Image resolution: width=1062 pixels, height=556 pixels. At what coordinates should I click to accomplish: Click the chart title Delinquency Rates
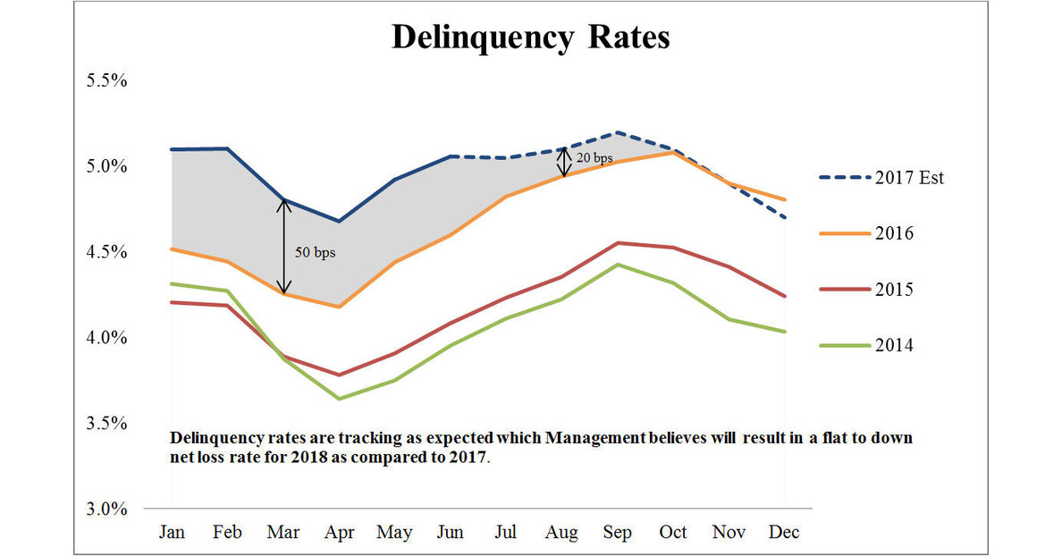tap(531, 38)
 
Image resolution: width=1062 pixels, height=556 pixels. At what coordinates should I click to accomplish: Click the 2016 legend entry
tap(895, 233)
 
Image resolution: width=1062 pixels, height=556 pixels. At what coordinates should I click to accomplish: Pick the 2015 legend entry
tap(895, 290)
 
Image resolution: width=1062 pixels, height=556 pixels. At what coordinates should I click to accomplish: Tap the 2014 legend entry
tap(895, 345)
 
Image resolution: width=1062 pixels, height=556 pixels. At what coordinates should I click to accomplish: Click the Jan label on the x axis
tap(172, 532)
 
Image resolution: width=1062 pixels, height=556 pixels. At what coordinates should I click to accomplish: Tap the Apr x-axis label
tap(339, 532)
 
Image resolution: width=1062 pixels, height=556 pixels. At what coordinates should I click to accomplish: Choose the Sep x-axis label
tap(617, 532)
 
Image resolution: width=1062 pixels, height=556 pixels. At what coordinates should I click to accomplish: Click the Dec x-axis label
tap(784, 532)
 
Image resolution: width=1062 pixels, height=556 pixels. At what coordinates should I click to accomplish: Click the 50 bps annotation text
tap(315, 252)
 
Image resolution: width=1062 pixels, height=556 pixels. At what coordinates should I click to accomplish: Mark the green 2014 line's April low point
tap(339, 399)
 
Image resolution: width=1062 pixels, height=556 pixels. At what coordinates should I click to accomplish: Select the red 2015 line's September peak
tap(617, 242)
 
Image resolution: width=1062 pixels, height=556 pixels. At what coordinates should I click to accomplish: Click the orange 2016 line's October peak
tap(672, 153)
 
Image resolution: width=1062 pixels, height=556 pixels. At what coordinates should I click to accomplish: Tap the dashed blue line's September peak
tap(617, 132)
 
